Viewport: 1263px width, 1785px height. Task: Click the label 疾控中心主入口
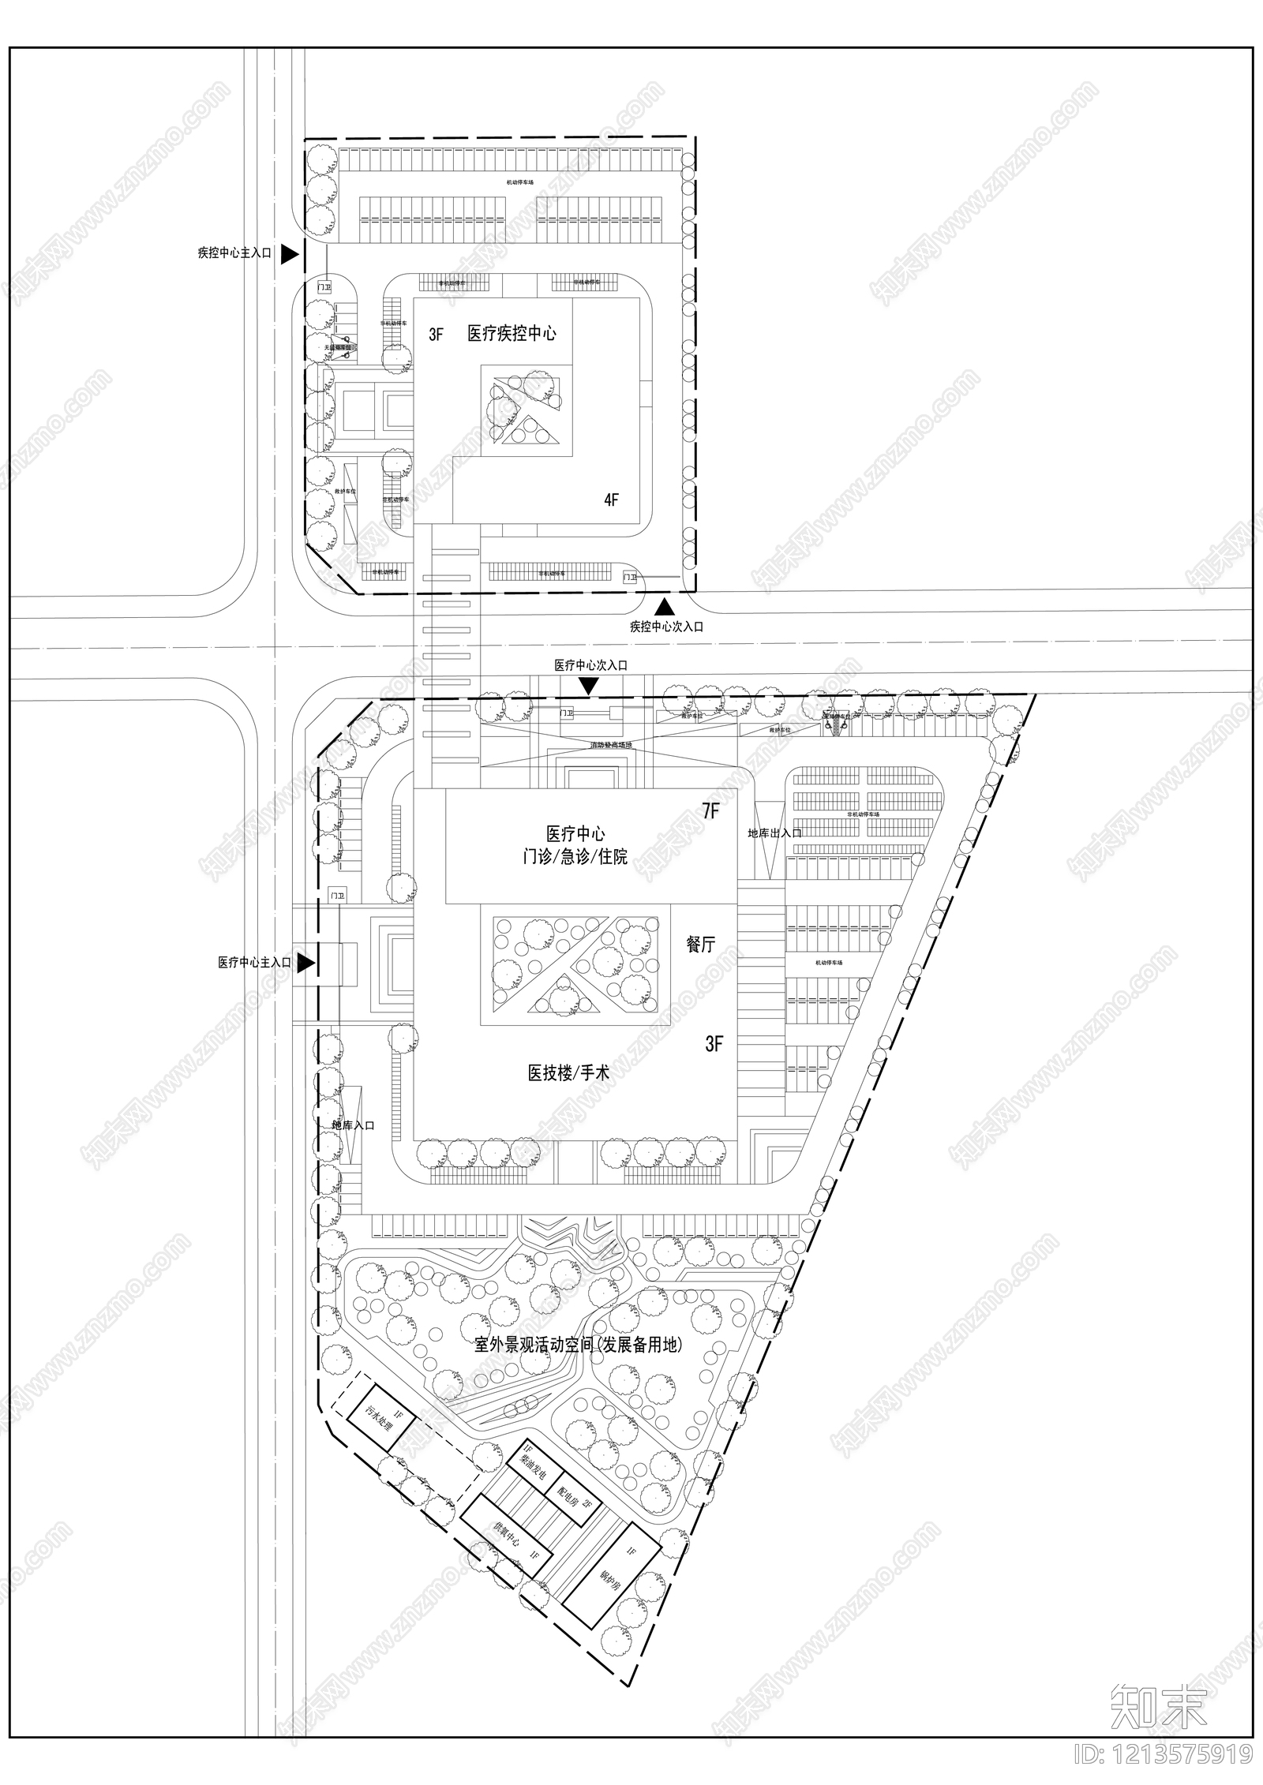234,254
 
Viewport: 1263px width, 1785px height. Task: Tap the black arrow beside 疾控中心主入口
290,254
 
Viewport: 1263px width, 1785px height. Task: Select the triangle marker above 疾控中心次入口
665,606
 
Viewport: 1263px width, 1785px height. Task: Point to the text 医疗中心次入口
590,665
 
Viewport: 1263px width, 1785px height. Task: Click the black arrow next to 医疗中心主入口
307,963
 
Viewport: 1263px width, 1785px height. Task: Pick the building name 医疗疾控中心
512,333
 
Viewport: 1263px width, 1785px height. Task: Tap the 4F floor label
611,500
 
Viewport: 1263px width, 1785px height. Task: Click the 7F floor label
710,810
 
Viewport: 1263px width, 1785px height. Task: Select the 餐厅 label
701,945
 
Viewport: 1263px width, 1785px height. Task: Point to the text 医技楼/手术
568,1072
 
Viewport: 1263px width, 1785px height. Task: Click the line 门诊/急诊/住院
575,856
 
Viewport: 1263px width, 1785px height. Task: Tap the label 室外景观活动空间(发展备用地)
577,1345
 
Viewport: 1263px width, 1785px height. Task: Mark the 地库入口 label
353,1125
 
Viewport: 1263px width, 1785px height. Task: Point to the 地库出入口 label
774,833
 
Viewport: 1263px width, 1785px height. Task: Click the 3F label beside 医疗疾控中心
436,335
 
